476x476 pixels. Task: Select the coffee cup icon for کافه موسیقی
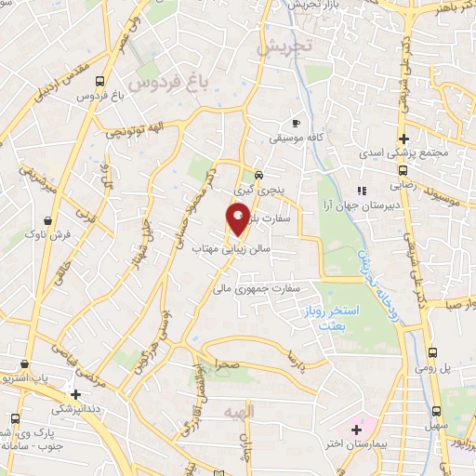tap(296, 123)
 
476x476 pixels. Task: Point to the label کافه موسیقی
tap(296, 138)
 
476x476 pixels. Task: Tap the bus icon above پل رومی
tap(434, 353)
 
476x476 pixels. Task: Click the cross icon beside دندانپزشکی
tap(76, 394)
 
